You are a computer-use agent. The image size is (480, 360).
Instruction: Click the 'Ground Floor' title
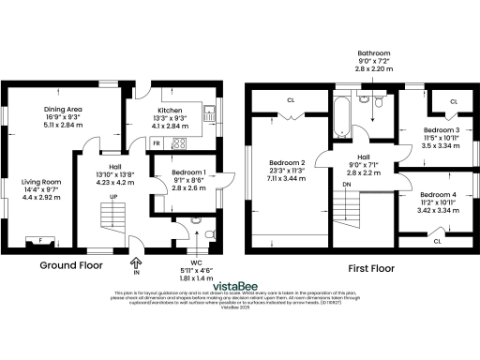click(x=71, y=265)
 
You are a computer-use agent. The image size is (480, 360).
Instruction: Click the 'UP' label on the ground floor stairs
click(x=113, y=197)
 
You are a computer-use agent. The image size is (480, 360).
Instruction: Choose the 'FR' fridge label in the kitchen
click(x=156, y=142)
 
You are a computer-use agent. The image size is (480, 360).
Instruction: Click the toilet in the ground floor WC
click(x=195, y=221)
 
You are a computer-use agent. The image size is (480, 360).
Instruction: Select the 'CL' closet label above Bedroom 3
click(x=453, y=101)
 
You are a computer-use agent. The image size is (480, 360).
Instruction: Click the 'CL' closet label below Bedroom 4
click(x=437, y=242)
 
